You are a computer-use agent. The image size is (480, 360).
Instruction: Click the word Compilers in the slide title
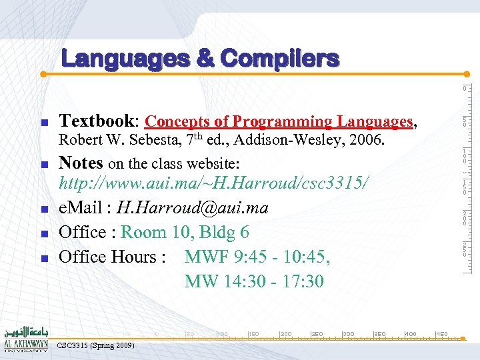point(279,59)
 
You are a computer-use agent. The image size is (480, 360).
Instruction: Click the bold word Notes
point(81,162)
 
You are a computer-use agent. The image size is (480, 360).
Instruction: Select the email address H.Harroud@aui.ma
point(192,208)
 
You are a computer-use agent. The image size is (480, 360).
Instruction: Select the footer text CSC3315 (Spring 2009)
point(96,345)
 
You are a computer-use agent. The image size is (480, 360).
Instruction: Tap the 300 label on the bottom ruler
point(348,333)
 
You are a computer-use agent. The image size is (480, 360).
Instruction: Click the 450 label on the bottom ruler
point(442,333)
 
